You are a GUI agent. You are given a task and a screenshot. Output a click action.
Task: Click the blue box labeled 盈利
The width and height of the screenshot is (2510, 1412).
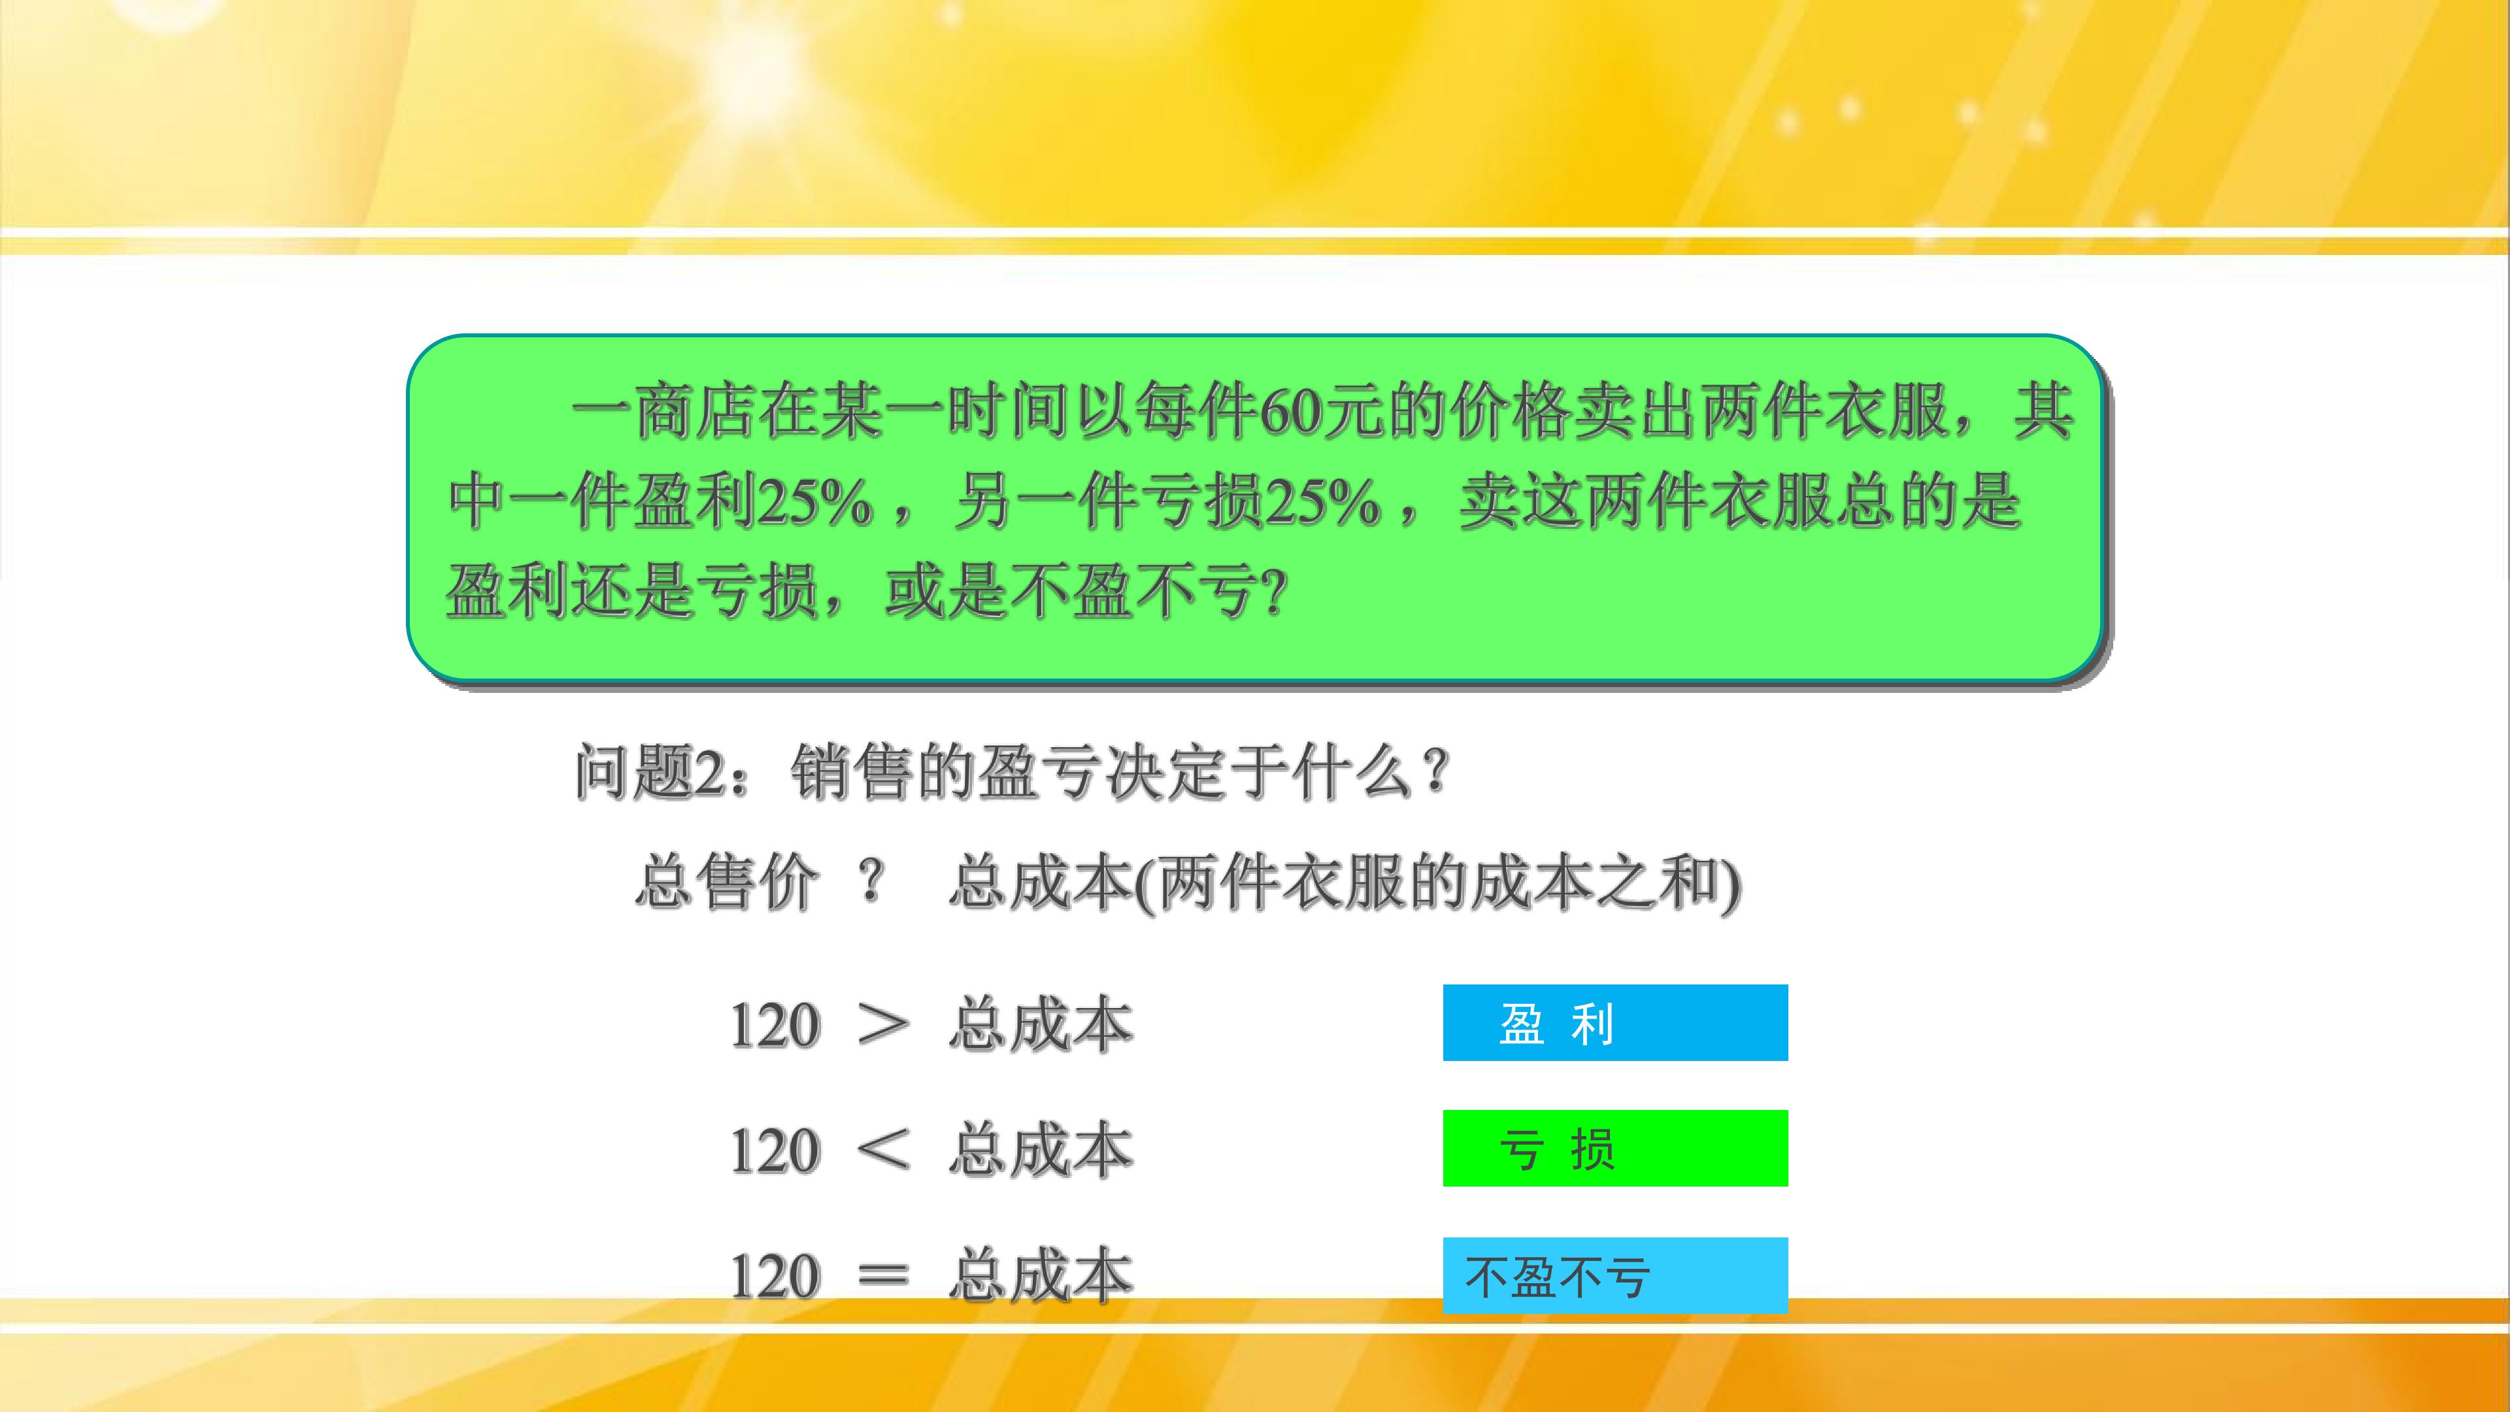[x=1615, y=1022]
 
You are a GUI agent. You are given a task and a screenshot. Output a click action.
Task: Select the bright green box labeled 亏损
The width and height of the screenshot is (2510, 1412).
[x=1615, y=1148]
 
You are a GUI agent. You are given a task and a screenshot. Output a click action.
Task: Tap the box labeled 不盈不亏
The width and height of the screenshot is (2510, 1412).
[x=1615, y=1275]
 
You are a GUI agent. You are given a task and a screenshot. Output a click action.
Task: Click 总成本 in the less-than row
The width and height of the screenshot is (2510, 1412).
[x=1041, y=1150]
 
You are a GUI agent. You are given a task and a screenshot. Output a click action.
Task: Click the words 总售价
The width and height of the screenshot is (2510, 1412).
[x=727, y=883]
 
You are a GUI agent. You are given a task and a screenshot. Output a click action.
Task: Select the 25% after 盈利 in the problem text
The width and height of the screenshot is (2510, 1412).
[x=814, y=503]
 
